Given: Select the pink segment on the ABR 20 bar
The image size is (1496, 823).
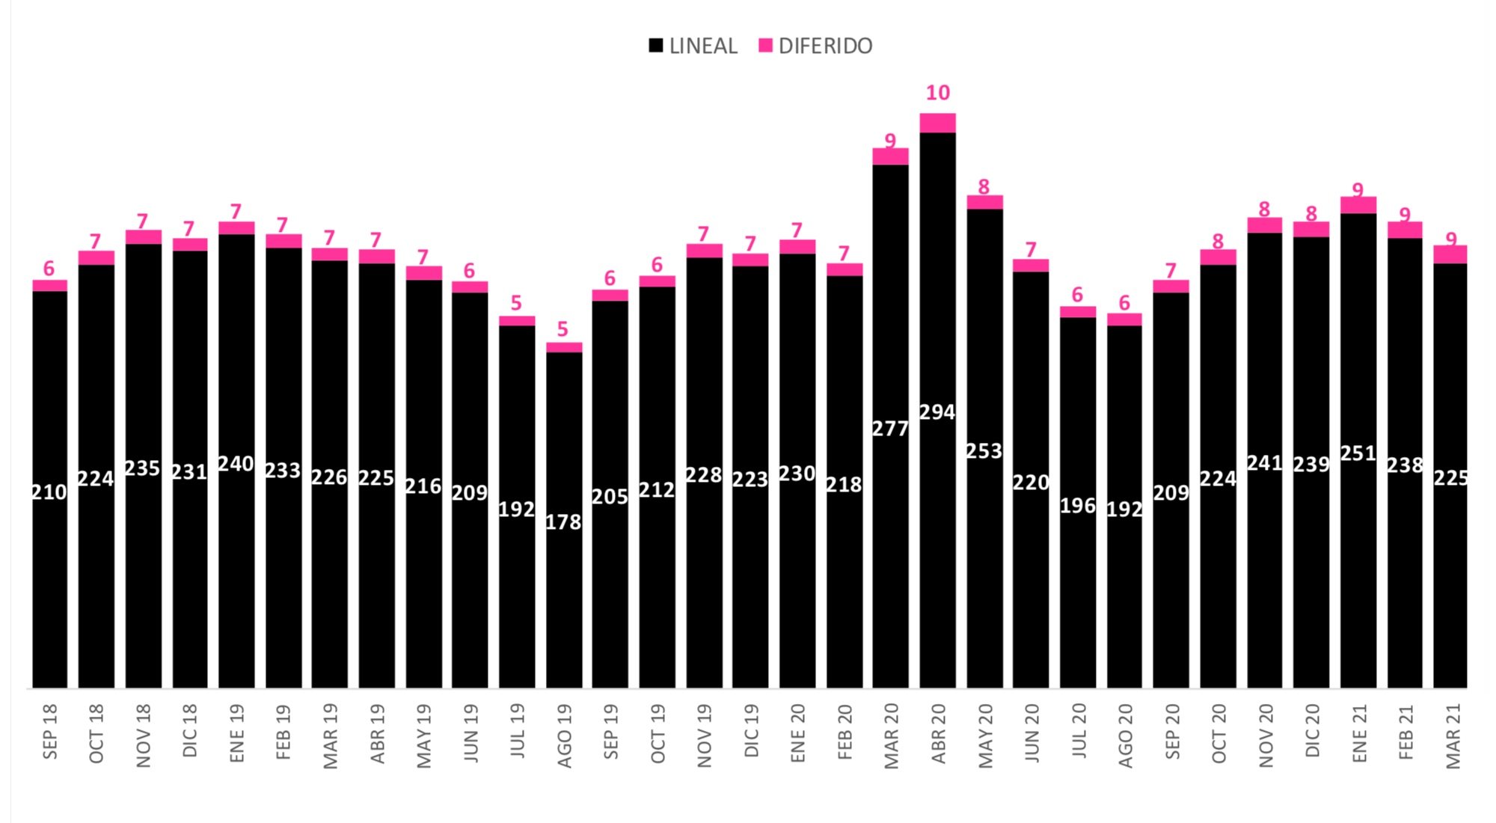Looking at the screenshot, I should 937,123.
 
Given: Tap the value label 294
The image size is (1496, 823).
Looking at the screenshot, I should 937,412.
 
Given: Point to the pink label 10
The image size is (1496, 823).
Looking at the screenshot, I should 937,93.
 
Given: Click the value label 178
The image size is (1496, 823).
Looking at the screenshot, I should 563,522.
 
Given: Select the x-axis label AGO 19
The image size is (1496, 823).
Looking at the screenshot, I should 565,735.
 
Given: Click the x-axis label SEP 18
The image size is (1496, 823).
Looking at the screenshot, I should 50,732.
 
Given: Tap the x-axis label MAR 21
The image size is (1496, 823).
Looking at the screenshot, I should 1453,735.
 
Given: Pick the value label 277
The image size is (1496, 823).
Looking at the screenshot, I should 890,429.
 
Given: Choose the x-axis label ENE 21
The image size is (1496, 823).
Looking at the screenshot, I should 1359,733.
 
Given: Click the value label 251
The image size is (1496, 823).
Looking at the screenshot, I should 1358,453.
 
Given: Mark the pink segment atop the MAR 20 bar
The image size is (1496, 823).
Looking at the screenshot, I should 890,156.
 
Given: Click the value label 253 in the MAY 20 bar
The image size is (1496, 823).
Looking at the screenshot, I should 984,451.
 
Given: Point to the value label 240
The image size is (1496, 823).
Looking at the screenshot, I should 236,464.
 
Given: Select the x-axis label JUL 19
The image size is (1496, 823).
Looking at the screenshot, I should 518,731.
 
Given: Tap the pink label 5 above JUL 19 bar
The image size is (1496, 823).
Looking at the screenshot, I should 516,303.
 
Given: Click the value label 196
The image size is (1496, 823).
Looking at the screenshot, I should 1077,506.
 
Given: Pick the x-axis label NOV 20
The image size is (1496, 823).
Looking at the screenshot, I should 1266,735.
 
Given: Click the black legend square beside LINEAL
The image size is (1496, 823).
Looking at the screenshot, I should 656,46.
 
